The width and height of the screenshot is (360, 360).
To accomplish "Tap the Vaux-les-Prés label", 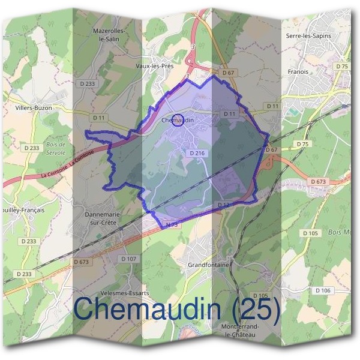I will [x=155, y=66].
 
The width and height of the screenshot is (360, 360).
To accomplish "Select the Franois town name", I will [x=298, y=72].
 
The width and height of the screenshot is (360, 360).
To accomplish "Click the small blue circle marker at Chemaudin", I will [x=177, y=121].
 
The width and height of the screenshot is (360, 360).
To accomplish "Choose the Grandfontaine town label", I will [x=206, y=263].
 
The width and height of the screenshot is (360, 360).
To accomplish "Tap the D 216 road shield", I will [x=197, y=154].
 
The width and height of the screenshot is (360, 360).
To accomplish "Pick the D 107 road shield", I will [x=128, y=259].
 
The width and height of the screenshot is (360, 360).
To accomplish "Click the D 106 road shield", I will [x=322, y=290].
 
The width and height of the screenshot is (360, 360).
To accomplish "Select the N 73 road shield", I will [x=172, y=224].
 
